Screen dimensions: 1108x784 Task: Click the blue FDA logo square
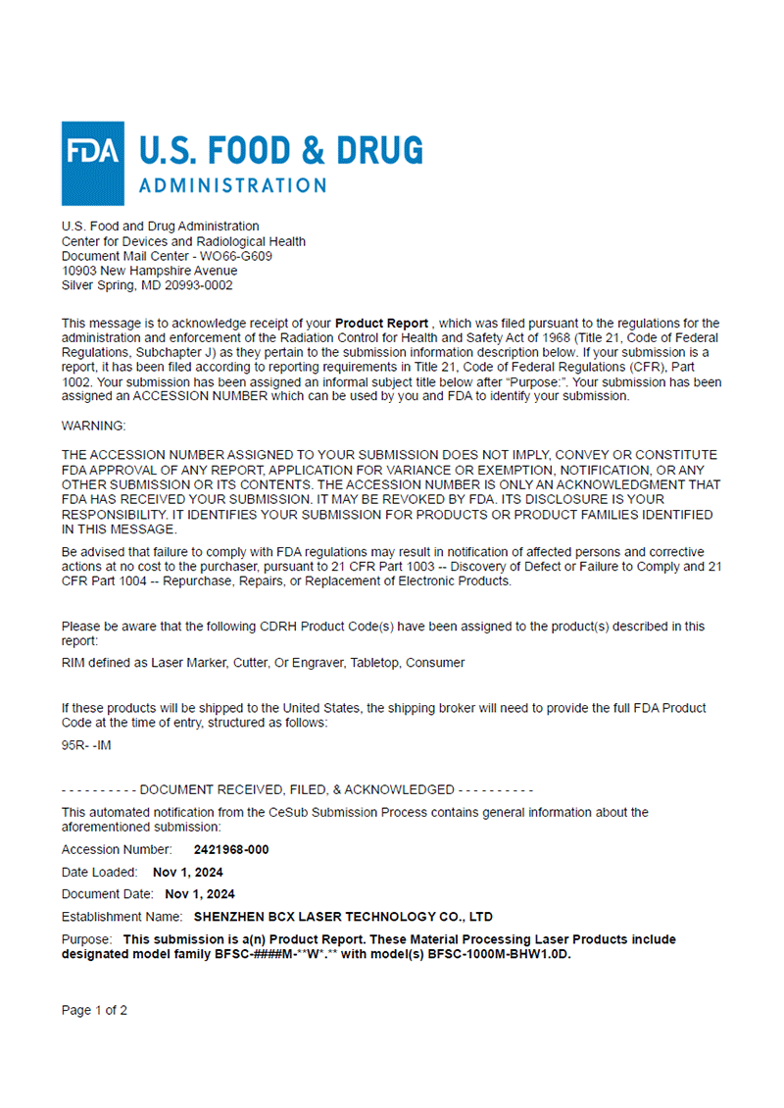pos(93,163)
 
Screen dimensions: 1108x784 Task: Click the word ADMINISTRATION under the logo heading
pos(233,185)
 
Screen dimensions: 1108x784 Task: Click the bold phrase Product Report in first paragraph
pos(381,323)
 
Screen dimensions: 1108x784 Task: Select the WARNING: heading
pos(93,427)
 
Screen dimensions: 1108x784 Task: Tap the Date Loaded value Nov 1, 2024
pos(188,872)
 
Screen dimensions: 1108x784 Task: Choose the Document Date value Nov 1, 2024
pos(200,894)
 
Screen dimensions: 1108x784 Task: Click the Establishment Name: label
pos(122,917)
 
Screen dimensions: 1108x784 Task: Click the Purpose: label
pos(87,939)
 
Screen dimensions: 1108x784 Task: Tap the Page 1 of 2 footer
pos(94,1010)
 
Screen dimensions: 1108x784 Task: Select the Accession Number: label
pos(117,850)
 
